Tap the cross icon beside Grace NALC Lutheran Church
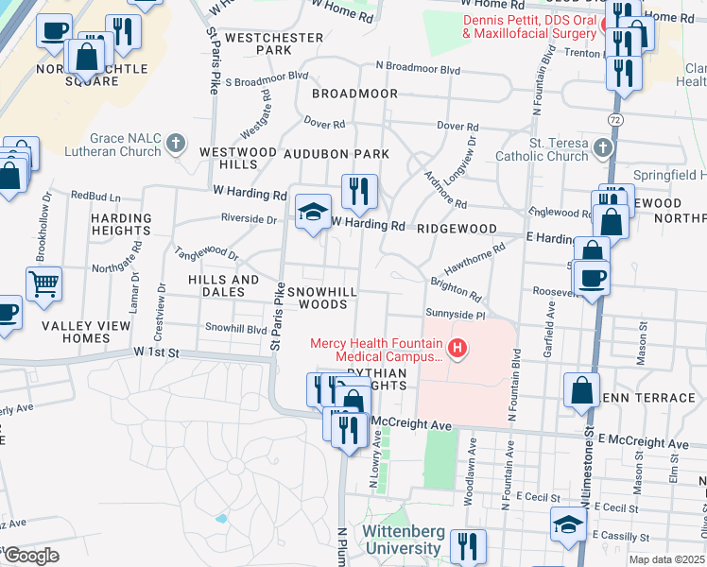[174, 144]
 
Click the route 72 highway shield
[615, 120]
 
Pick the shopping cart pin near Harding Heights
[43, 283]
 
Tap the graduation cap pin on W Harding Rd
[313, 212]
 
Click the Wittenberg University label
[404, 541]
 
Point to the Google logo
[30, 555]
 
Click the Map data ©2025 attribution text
[666, 559]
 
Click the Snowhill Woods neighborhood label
[323, 298]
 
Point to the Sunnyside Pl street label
[455, 313]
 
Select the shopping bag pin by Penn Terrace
[582, 389]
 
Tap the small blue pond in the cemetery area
[220, 518]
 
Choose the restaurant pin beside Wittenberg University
[467, 545]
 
